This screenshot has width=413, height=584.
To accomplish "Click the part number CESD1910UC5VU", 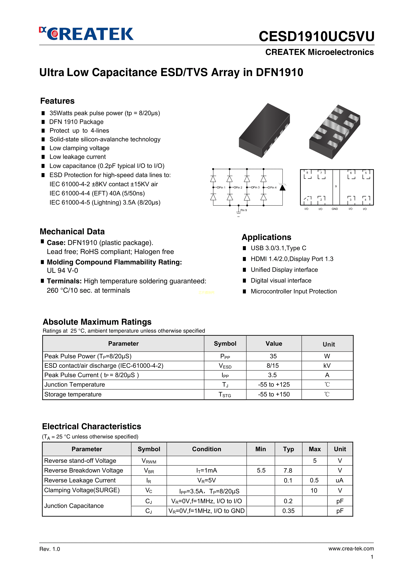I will (316, 36).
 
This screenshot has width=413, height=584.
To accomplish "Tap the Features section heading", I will (57, 101).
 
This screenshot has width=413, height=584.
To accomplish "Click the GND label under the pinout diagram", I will (335, 209).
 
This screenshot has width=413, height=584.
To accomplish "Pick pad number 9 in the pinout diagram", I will (336, 186).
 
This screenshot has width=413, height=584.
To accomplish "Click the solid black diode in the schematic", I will (282, 188).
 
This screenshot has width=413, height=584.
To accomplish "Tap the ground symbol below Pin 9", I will (238, 214).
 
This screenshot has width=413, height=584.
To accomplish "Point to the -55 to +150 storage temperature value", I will (274, 394).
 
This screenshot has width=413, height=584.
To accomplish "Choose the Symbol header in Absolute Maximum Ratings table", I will (225, 344).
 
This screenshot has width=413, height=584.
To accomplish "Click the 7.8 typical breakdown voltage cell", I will (288, 470).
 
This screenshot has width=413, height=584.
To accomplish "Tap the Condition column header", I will (206, 449).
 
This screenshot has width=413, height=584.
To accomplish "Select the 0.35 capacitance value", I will (288, 511).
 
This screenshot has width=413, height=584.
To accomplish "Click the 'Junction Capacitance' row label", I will (74, 506).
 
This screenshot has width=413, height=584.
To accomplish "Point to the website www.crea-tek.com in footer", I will (351, 549).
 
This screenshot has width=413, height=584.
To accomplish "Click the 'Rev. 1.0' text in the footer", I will (50, 549).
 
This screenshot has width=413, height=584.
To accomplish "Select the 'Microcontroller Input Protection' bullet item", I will (294, 291).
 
